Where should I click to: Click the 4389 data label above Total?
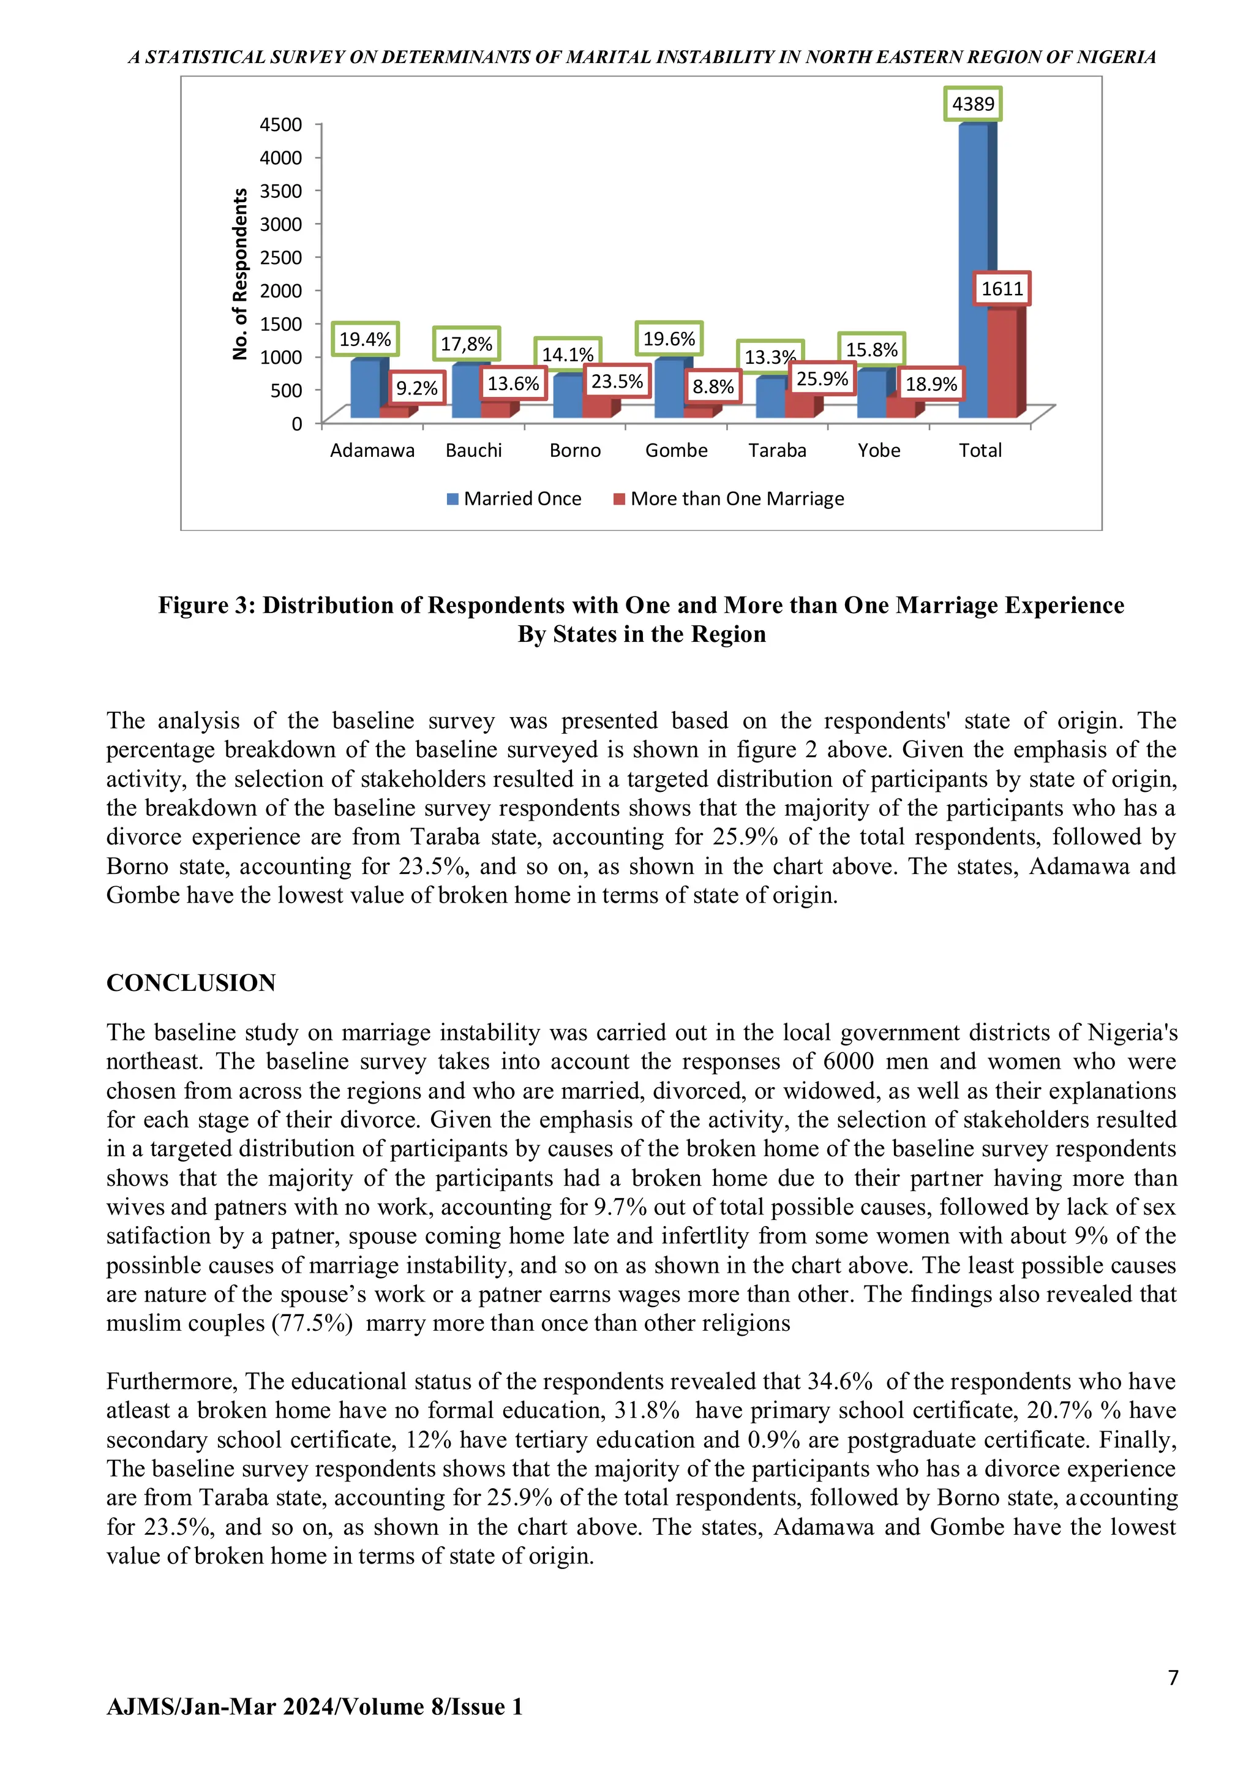click(973, 104)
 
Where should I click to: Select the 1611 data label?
click(1002, 289)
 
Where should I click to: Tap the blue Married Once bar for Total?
click(973, 270)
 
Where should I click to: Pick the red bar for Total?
click(1002, 363)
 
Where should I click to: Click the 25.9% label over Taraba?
click(822, 378)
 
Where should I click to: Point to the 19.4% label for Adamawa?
click(365, 339)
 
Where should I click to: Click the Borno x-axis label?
click(574, 450)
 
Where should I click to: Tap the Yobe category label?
click(879, 450)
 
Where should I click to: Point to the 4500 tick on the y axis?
click(280, 124)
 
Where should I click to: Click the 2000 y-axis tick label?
click(280, 290)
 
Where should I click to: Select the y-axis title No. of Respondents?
click(240, 274)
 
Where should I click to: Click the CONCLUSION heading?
click(190, 983)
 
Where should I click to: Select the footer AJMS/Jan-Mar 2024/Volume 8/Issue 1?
click(314, 1707)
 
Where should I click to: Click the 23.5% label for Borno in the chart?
click(616, 382)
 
